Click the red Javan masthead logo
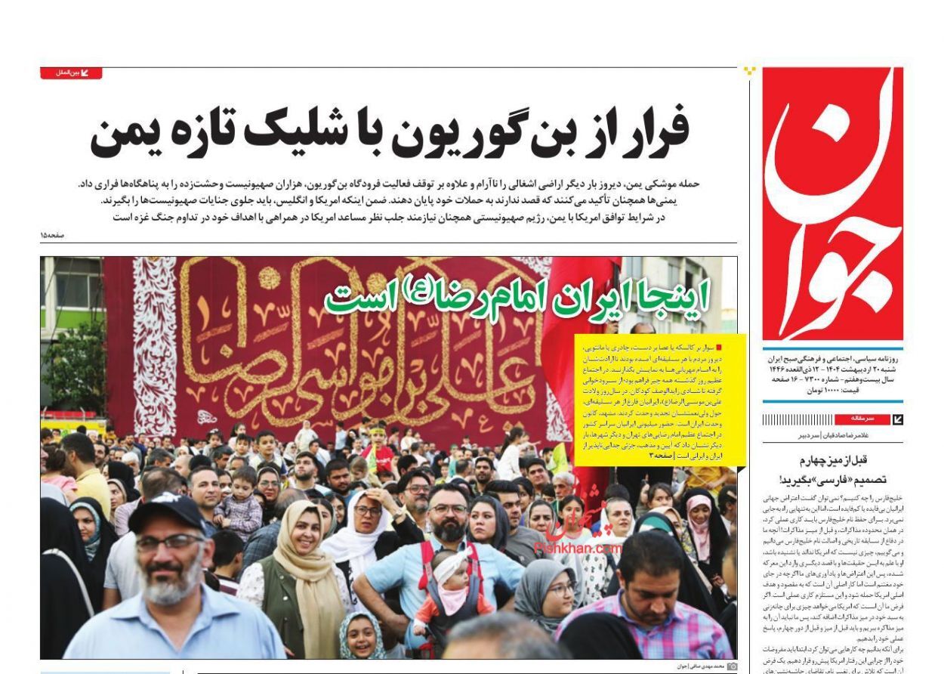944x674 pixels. point(832,203)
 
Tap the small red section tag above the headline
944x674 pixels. point(70,73)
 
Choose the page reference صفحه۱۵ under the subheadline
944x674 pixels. point(52,236)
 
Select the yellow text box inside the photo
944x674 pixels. point(660,399)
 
